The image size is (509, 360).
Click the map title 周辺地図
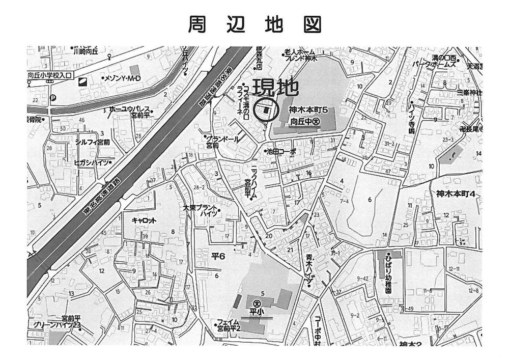pyautogui.click(x=254, y=23)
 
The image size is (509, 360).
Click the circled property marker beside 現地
pyautogui.click(x=266, y=110)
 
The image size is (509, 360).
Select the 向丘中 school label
pyautogui.click(x=304, y=122)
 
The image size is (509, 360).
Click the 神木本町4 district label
pyautogui.click(x=456, y=193)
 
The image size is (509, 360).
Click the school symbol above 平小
pyautogui.click(x=256, y=301)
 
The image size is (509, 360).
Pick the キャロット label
pyautogui.click(x=144, y=220)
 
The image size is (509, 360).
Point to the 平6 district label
pyautogui.click(x=217, y=256)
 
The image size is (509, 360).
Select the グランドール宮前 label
pyautogui.click(x=217, y=141)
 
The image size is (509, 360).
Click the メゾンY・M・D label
pyautogui.click(x=122, y=78)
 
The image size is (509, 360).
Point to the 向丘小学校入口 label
pyautogui.click(x=51, y=75)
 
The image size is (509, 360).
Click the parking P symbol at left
pyautogui.click(x=52, y=99)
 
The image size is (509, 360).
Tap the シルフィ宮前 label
pyautogui.click(x=92, y=142)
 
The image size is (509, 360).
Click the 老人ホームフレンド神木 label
pyautogui.click(x=300, y=55)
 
